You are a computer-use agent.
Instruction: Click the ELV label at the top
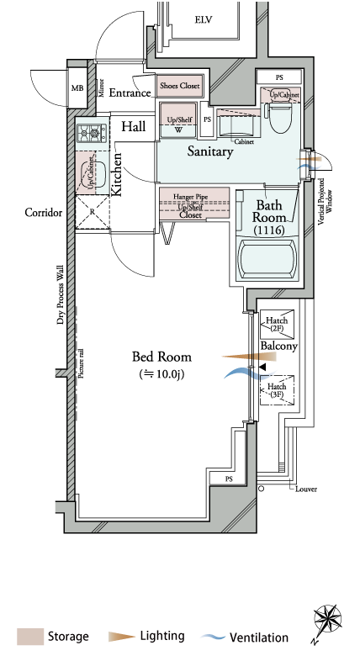pos(204,19)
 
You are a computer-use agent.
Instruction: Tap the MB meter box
pos(77,88)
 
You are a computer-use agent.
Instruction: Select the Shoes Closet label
pos(180,86)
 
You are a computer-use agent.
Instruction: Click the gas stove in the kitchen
pos(92,134)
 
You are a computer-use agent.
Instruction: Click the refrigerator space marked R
pos(93,212)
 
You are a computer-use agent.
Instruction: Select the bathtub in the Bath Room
pos(267,259)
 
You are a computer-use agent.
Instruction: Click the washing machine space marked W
pos(179,130)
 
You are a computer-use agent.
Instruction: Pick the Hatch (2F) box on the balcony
pos(277,325)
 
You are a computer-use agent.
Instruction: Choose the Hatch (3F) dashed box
pos(277,390)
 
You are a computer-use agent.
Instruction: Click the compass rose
pos(327,622)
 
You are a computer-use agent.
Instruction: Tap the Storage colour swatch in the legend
pos(30,637)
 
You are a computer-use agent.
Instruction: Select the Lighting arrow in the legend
pos(122,637)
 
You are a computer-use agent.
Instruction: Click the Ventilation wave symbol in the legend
pos(213,637)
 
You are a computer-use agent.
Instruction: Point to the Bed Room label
pos(162,357)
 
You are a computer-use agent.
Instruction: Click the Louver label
pos(306,489)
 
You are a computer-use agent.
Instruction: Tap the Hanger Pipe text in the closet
pos(190,197)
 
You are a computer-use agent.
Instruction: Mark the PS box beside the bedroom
pos(229,479)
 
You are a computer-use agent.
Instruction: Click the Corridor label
pos(44,213)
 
